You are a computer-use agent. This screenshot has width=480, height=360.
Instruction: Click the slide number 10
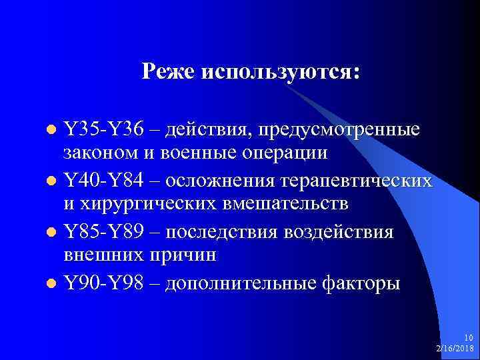click(x=469, y=339)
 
